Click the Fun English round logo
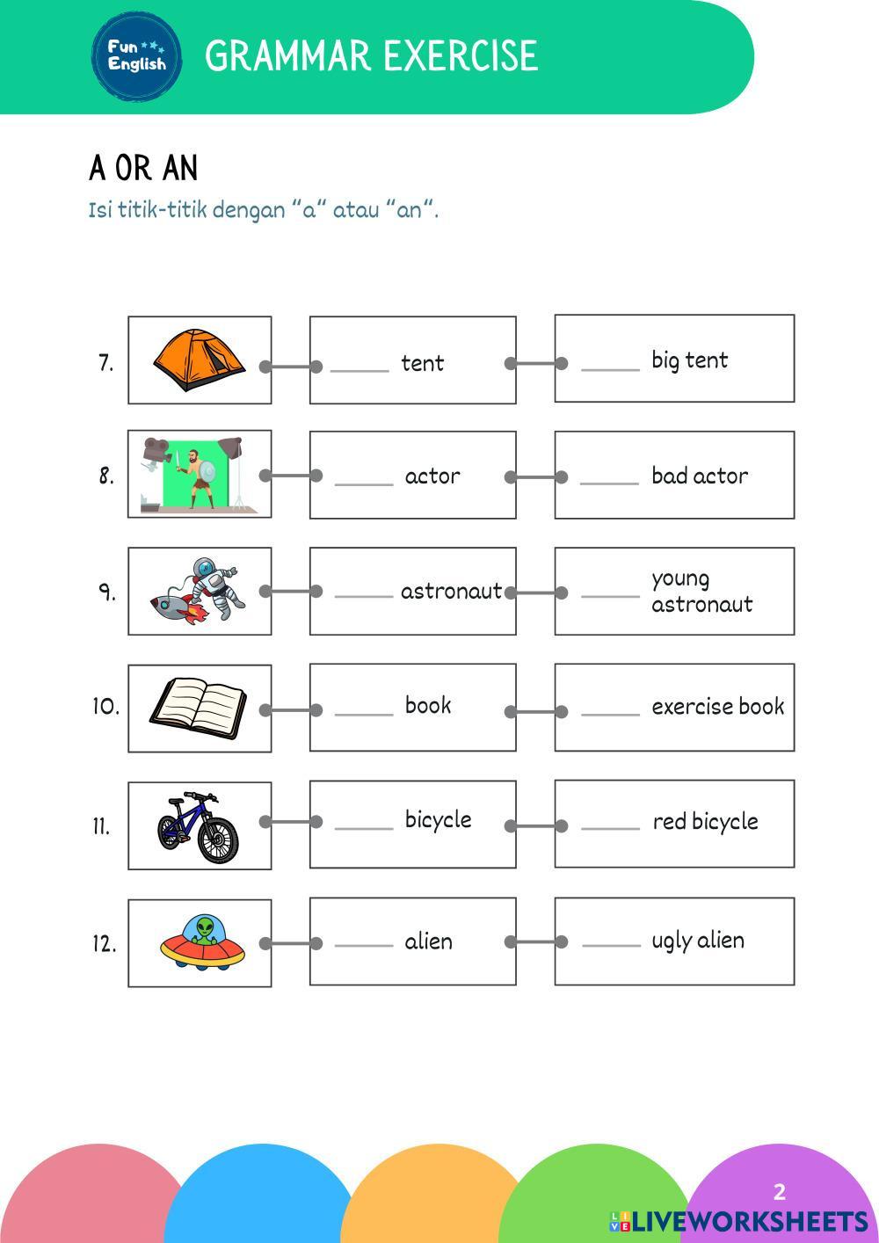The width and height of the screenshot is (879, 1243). point(136,56)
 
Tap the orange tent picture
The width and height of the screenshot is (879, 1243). point(200,360)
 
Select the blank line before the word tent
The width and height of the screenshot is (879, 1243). point(359,370)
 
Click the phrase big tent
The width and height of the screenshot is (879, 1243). point(689,360)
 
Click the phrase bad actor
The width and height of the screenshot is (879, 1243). point(700,476)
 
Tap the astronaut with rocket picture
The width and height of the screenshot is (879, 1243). point(199,591)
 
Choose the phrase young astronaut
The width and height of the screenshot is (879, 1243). point(701,591)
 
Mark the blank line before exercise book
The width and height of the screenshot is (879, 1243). point(610,713)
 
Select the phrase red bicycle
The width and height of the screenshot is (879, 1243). point(705,822)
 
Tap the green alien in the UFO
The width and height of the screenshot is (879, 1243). point(206,930)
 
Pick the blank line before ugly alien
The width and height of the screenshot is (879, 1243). point(611,945)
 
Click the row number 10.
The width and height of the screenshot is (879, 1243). point(105,707)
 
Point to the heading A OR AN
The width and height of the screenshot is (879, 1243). point(143,168)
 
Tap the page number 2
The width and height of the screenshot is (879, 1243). point(779,1192)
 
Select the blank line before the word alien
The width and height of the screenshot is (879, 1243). point(363,945)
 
